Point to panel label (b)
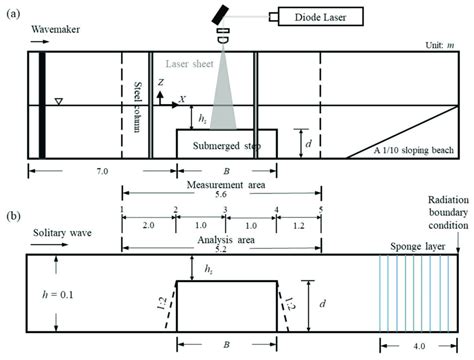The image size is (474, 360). click(x=13, y=215)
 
